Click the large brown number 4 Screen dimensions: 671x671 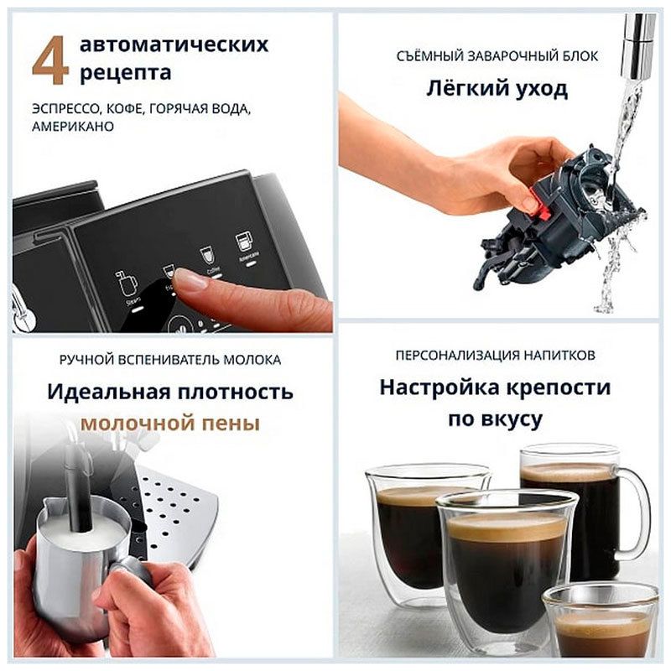pos(50,61)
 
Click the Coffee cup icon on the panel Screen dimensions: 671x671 pos(205,255)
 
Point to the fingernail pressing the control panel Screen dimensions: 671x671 pos(190,279)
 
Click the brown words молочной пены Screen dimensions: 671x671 pos(169,424)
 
